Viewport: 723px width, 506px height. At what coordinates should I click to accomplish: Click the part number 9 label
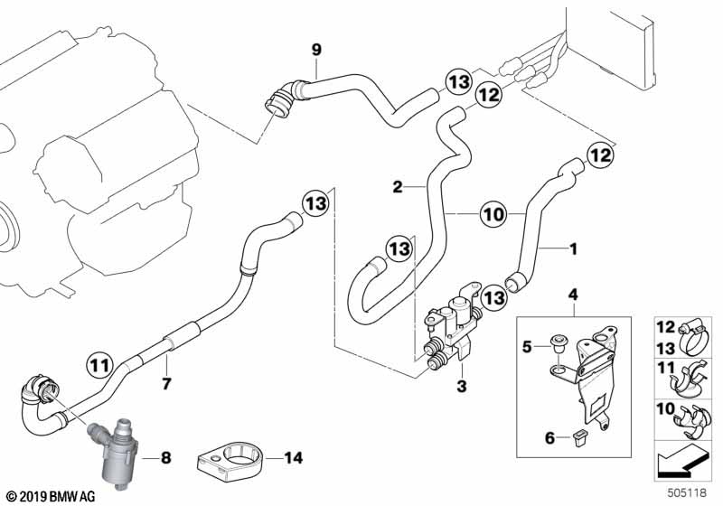pyautogui.click(x=316, y=49)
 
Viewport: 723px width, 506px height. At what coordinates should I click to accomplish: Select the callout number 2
pyautogui.click(x=396, y=187)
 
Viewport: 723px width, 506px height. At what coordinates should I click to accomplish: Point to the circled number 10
pyautogui.click(x=493, y=214)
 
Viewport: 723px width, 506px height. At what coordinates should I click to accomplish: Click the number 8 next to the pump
pyautogui.click(x=165, y=458)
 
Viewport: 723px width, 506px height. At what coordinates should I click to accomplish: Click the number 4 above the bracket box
pyautogui.click(x=572, y=294)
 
